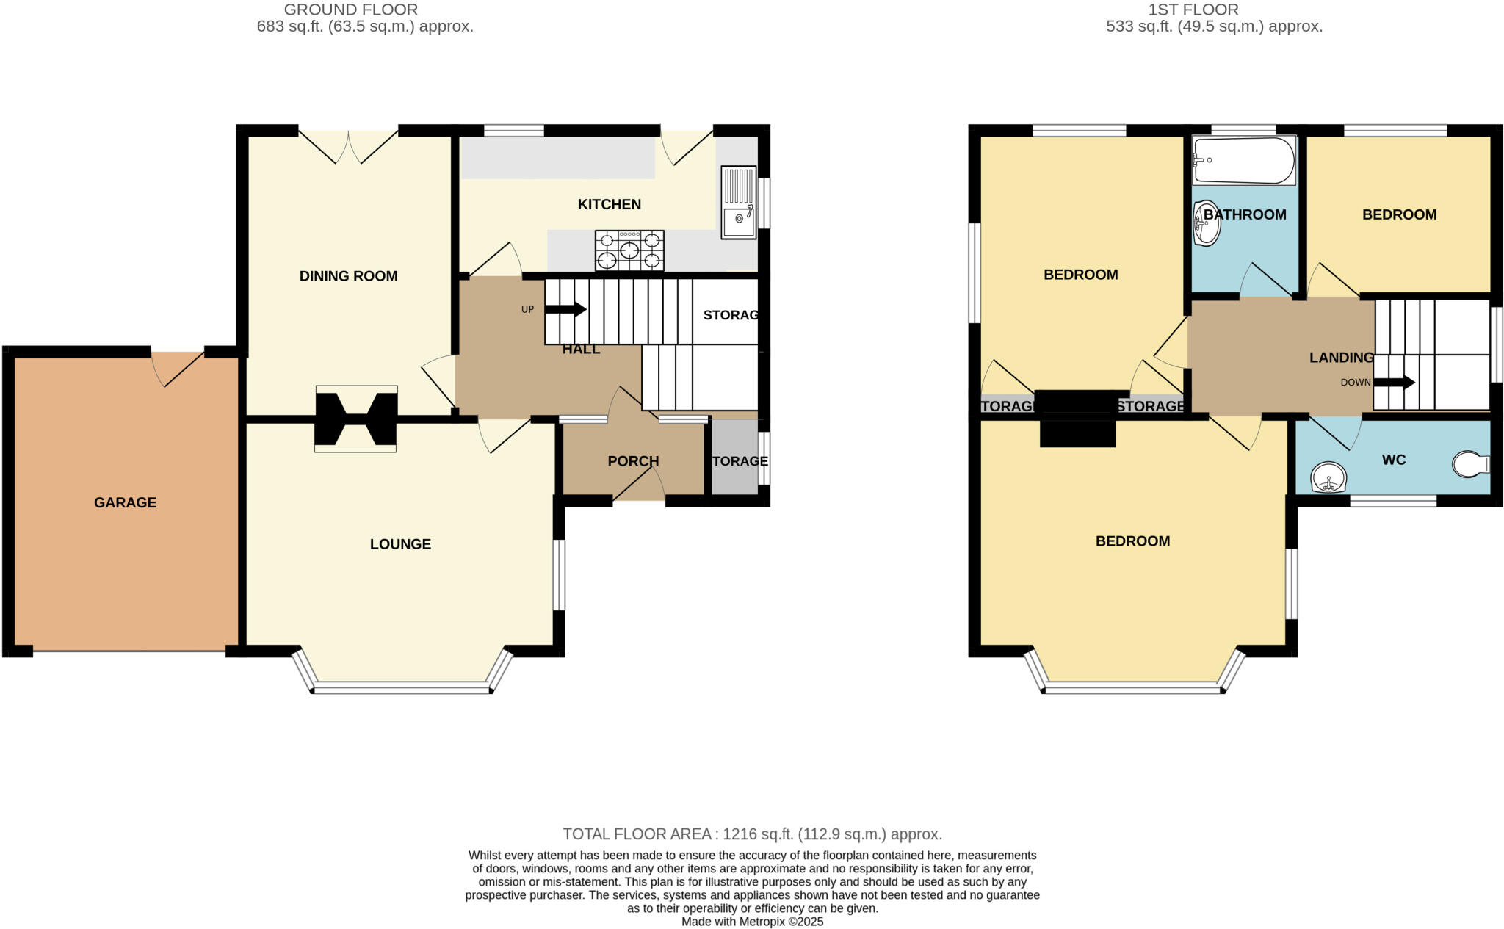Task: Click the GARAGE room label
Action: (x=125, y=502)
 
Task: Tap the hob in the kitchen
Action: (x=629, y=250)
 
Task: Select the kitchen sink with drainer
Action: (x=738, y=202)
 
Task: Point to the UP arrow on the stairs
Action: (x=565, y=309)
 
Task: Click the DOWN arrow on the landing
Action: (x=1393, y=382)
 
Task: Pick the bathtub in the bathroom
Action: (x=1243, y=160)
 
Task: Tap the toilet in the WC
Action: (x=1471, y=464)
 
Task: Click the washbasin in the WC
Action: (x=1328, y=478)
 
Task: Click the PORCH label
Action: (x=633, y=461)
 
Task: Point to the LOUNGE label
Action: (x=400, y=544)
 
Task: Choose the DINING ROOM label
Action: (x=348, y=276)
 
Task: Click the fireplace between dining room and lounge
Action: (x=355, y=419)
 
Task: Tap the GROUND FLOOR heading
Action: (x=350, y=10)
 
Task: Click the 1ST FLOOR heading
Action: (x=1193, y=10)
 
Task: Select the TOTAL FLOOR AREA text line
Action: (x=752, y=834)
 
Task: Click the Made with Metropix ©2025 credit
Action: (x=752, y=922)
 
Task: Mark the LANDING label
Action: (x=1341, y=358)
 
